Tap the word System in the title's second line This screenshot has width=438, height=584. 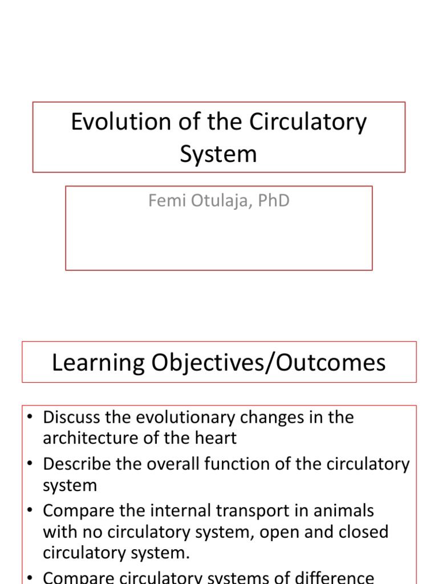(x=218, y=154)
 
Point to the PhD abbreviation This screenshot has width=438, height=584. (x=271, y=201)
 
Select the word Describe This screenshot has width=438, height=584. (x=76, y=464)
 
